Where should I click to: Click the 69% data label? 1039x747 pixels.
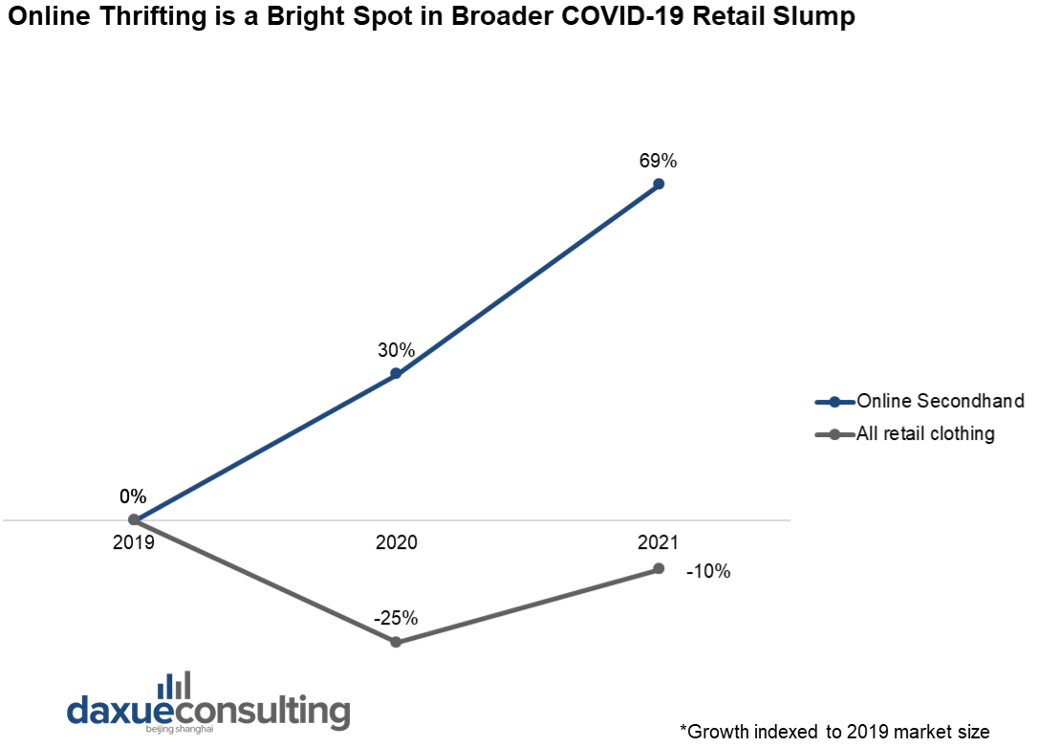[659, 160]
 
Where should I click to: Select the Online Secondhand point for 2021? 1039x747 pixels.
[659, 184]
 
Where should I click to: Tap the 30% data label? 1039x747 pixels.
[396, 350]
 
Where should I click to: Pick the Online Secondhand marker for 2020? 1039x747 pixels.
[396, 374]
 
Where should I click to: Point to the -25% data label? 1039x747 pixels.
[396, 618]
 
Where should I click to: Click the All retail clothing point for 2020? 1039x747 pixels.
[396, 642]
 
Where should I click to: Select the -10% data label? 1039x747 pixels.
[708, 572]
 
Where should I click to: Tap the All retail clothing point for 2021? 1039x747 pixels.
[659, 568]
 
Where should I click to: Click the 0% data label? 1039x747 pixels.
[133, 496]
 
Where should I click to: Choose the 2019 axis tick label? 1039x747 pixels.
[134, 541]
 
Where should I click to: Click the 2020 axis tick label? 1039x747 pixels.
[396, 541]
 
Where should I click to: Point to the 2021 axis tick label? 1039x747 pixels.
[659, 541]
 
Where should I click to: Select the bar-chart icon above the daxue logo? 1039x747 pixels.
[174, 685]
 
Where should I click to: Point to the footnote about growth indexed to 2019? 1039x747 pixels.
[834, 732]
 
